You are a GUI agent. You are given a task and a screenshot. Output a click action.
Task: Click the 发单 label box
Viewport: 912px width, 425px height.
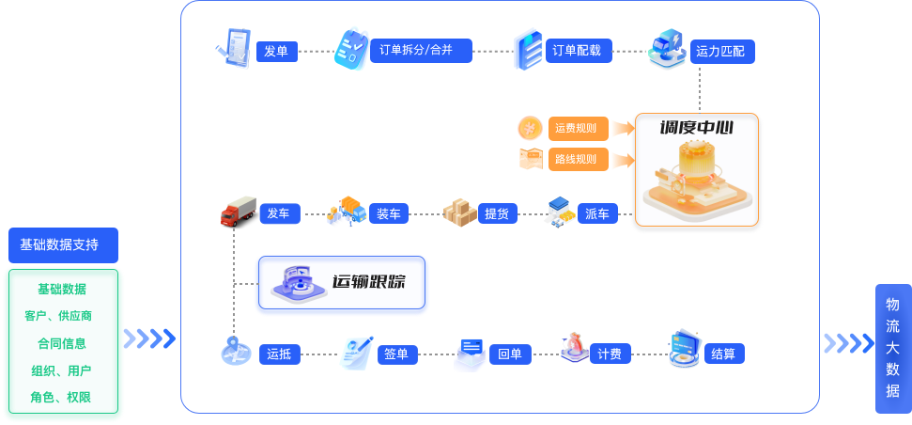tap(277, 51)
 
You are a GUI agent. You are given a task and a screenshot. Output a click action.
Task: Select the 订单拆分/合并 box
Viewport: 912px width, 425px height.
tap(421, 51)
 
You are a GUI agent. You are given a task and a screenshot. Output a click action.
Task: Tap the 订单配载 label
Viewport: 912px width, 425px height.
tap(579, 51)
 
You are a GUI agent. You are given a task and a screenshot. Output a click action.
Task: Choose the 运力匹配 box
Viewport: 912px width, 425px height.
tap(722, 52)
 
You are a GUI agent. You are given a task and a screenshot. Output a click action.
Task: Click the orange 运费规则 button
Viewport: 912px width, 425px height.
tap(579, 129)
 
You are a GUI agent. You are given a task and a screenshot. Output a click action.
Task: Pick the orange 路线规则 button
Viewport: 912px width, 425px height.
tap(579, 160)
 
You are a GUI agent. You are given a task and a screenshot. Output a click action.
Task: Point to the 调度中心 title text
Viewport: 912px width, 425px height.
tap(696, 128)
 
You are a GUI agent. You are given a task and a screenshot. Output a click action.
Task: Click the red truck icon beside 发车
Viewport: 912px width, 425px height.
tap(238, 211)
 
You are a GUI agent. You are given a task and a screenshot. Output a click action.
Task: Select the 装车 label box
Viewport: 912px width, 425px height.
tap(389, 213)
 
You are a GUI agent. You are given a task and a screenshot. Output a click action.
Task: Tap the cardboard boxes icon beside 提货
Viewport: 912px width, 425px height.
tap(459, 212)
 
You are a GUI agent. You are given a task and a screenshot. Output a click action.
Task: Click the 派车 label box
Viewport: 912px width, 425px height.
tap(597, 213)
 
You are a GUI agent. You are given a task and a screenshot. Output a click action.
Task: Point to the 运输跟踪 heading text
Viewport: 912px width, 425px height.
tap(369, 282)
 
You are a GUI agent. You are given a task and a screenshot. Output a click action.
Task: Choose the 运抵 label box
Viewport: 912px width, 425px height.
tap(280, 354)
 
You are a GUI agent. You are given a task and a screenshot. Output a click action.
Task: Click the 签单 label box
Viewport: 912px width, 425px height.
tap(397, 354)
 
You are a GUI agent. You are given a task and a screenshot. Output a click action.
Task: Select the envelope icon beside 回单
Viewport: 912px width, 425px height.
tap(470, 354)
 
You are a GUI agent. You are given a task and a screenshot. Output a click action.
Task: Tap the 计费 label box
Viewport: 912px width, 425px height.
tap(611, 354)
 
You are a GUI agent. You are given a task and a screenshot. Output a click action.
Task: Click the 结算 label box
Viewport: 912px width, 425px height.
tap(724, 354)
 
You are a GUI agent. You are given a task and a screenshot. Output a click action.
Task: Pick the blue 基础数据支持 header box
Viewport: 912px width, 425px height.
tap(63, 245)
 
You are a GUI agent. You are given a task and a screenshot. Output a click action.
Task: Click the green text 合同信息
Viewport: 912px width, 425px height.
tap(62, 343)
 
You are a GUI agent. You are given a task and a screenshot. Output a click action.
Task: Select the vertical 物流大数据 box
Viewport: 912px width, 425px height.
tap(893, 349)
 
